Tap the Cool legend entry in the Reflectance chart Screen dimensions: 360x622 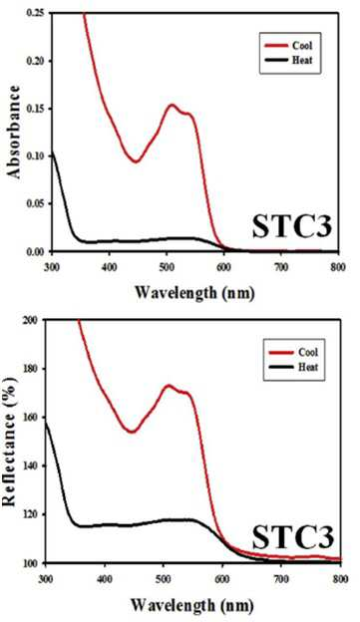pyautogui.click(x=293, y=352)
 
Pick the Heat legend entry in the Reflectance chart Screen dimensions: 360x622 pyautogui.click(x=293, y=367)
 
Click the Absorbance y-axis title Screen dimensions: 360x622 pyautogui.click(x=13, y=132)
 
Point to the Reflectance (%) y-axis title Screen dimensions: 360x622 pyautogui.click(x=10, y=442)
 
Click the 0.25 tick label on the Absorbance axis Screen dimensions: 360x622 pyautogui.click(x=37, y=13)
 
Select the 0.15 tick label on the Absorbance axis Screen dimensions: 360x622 pyautogui.click(x=37, y=109)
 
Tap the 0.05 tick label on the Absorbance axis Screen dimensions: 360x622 pyautogui.click(x=37, y=204)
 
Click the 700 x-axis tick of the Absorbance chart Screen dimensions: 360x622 pyautogui.click(x=280, y=267)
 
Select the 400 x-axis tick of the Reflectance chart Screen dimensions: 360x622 pyautogui.click(x=105, y=579)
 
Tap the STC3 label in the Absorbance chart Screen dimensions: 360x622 pyautogui.click(x=292, y=226)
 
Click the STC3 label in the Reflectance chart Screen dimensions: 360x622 pyautogui.click(x=293, y=537)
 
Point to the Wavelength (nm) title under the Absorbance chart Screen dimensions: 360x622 pyautogui.click(x=194, y=293)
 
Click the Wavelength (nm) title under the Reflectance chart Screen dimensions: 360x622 pyautogui.click(x=192, y=605)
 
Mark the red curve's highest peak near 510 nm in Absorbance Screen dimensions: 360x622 pyautogui.click(x=172, y=105)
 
